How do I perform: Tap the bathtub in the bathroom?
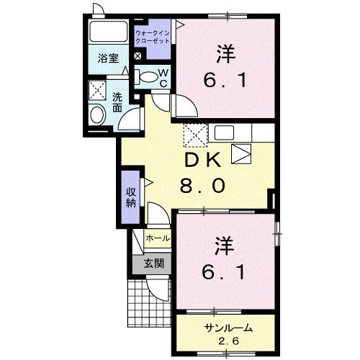(108, 33)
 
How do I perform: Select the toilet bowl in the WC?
(145, 77)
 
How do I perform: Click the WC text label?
(163, 76)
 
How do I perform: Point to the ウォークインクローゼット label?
(153, 36)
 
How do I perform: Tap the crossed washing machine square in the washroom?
(96, 90)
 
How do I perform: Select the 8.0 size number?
(204, 186)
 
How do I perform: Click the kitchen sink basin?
(242, 153)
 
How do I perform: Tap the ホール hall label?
(158, 238)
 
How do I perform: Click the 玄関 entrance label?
(153, 263)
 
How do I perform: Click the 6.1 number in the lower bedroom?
(224, 272)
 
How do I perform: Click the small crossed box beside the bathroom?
(138, 55)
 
